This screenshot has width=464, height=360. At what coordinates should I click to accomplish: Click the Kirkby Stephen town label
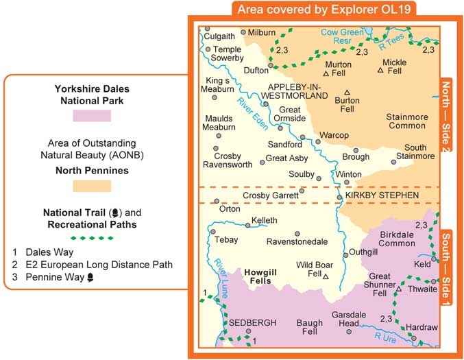pyautogui.click(x=382, y=196)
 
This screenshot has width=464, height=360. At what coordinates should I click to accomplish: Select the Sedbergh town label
pyautogui.click(x=252, y=322)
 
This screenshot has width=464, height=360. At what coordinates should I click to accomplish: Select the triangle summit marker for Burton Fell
pyautogui.click(x=347, y=93)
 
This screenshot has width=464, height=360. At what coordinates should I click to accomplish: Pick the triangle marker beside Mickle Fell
pyautogui.click(x=381, y=70)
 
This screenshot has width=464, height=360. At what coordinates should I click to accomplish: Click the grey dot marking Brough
pyautogui.click(x=356, y=150)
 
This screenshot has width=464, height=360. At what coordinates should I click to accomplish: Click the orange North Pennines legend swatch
pyautogui.click(x=92, y=185)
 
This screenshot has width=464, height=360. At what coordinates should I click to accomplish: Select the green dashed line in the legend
pyautogui.click(x=92, y=238)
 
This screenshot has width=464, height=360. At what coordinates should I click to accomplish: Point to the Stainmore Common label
pyautogui.click(x=408, y=121)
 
